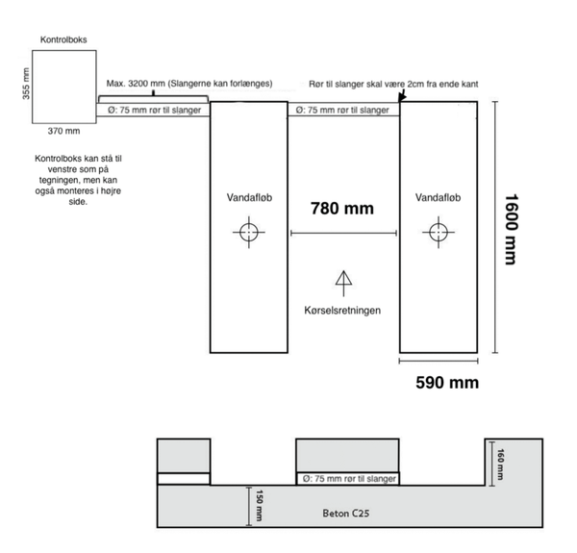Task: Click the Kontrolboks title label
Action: tap(63, 39)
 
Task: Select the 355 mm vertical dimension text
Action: tap(26, 84)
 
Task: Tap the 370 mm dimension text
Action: tap(63, 131)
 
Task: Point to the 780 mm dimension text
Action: tap(342, 209)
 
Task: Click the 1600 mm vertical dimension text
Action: tap(512, 229)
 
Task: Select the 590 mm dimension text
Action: tap(447, 383)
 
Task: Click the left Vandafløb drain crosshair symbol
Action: tap(249, 232)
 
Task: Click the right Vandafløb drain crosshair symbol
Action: tap(439, 232)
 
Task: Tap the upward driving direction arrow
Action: tap(343, 284)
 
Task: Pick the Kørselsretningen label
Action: tap(342, 311)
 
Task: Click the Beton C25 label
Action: tap(346, 513)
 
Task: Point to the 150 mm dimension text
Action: tap(259, 505)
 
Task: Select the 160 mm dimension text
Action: tap(500, 465)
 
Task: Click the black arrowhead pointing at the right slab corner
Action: tap(401, 97)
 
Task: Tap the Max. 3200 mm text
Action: tap(136, 84)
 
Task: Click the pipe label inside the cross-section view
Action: tap(349, 479)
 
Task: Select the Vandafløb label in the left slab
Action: tap(249, 197)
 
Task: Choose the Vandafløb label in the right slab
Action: tap(438, 197)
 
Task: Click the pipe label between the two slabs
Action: tap(342, 110)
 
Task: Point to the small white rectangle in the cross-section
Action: tap(184, 479)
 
